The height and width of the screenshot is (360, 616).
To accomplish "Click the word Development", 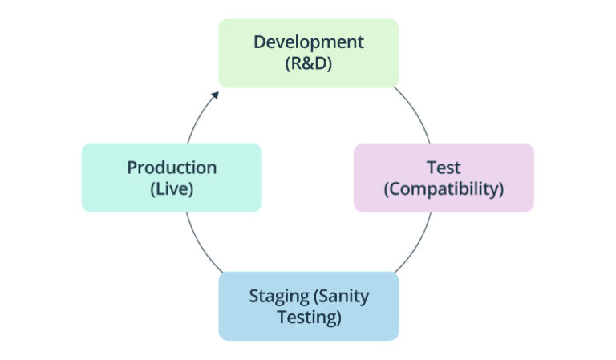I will coord(309,42).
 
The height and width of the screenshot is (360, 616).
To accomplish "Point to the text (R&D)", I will coord(309,63).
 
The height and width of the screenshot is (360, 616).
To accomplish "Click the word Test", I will coord(444,168).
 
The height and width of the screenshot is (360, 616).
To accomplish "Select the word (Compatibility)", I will coord(444,189).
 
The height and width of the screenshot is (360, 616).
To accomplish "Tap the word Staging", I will coord(279,296).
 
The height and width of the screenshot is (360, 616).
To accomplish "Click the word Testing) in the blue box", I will coord(309,318).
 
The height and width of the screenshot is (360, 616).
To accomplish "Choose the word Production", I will coord(172,168).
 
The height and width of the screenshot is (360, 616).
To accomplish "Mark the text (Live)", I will coord(172,189).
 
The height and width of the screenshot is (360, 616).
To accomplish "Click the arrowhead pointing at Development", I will coord(214,95).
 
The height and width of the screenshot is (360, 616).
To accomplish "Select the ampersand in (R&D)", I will coord(309,63).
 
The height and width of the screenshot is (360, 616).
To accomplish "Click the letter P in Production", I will coord(132,168).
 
